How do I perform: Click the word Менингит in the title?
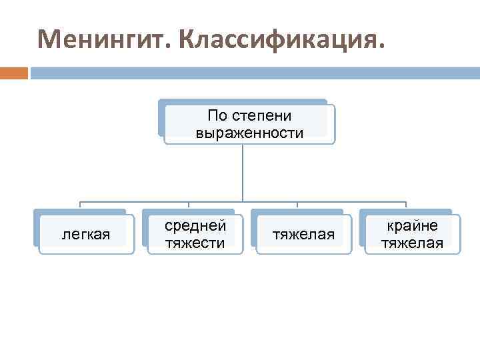click(104, 40)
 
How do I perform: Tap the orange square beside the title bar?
click(13, 72)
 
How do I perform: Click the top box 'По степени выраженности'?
click(249, 123)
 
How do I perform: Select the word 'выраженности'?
click(249, 133)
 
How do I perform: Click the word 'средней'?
click(195, 226)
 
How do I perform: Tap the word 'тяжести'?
click(195, 243)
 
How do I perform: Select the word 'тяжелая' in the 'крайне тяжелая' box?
click(413, 243)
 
